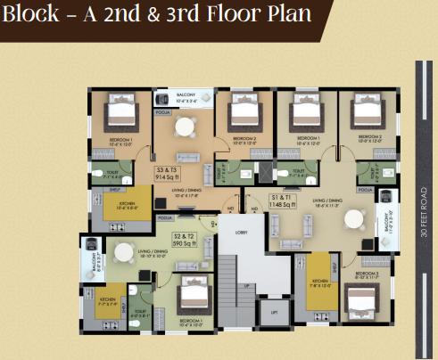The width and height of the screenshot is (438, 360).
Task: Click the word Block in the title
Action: [35, 17]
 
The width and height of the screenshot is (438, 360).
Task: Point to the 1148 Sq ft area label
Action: [286, 202]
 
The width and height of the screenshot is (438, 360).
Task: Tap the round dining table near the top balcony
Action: [185, 127]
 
